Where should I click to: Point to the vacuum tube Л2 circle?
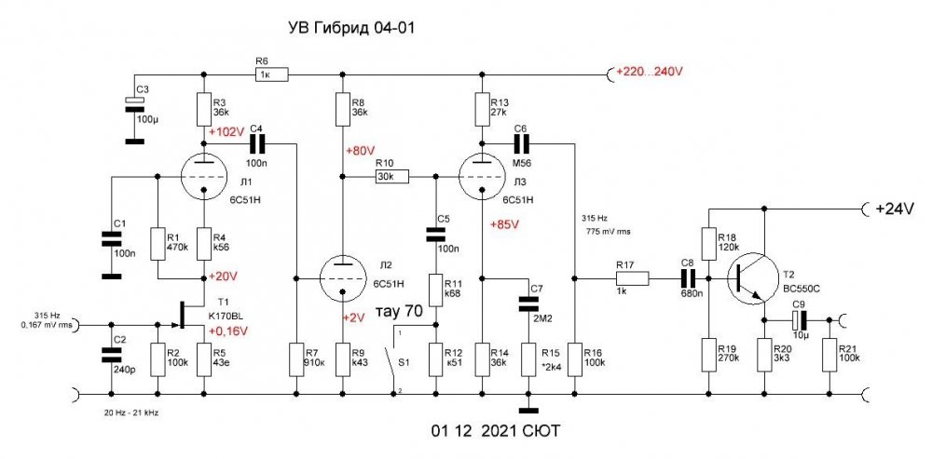342,277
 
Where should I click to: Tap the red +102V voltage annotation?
229,132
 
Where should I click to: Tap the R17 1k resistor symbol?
631,277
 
